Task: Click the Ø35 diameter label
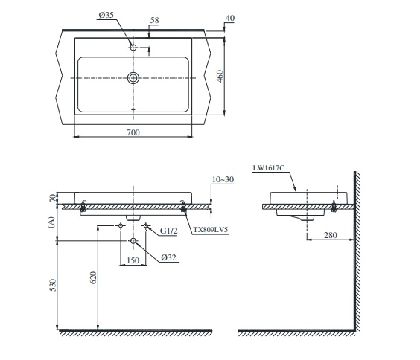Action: point(106,15)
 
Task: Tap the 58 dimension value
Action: point(154,20)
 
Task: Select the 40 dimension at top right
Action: point(230,18)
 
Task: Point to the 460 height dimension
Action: point(220,76)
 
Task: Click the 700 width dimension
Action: point(133,132)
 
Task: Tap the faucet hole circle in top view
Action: point(133,48)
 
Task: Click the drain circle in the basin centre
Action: point(133,78)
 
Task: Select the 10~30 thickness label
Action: point(223,179)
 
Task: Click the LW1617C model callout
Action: point(268,167)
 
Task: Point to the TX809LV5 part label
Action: point(211,230)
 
